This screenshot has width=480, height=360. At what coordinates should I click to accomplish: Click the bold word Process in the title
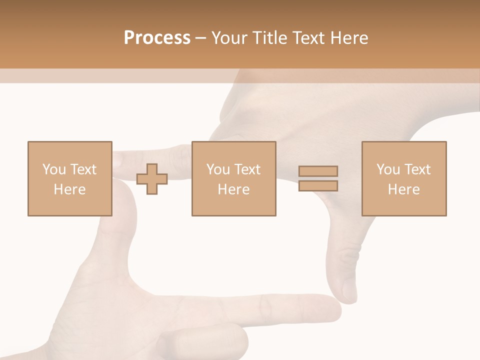tap(157, 38)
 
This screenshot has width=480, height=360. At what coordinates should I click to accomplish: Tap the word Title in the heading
tap(270, 38)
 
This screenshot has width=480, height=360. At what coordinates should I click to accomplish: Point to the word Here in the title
tap(349, 38)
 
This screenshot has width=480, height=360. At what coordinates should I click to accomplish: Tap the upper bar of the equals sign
tap(318, 171)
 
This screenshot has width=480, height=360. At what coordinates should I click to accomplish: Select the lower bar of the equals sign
tap(318, 186)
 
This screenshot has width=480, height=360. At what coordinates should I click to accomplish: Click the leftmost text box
tap(70, 178)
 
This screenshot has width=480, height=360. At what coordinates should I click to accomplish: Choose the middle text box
tap(233, 178)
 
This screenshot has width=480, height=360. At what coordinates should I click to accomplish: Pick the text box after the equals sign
tap(403, 178)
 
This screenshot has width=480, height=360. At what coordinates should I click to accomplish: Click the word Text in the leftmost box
tap(83, 169)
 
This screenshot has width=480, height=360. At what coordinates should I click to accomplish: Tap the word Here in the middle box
tap(233, 189)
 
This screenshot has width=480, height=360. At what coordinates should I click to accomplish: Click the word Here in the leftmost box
tap(69, 189)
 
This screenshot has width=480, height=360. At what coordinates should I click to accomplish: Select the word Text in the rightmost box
tap(417, 169)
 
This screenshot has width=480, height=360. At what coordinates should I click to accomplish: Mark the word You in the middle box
tap(218, 169)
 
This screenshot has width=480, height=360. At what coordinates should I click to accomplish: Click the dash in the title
tap(200, 38)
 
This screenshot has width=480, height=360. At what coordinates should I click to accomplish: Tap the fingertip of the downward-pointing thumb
tap(349, 295)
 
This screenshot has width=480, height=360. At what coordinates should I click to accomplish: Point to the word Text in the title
tap(308, 38)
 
